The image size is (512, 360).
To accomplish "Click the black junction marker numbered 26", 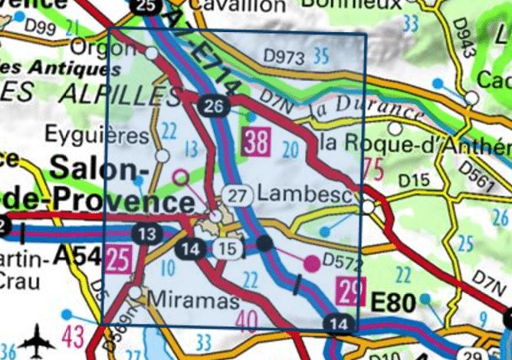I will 214,106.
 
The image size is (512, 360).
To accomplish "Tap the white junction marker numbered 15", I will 225,248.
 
